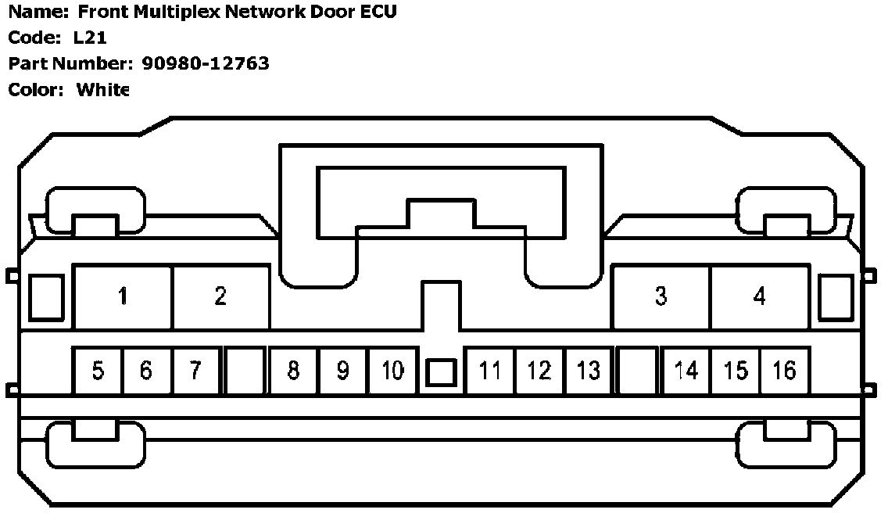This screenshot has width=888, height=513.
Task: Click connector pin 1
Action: [123, 297]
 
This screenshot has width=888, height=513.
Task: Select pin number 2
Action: [221, 297]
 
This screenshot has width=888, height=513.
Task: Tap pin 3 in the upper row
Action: [661, 297]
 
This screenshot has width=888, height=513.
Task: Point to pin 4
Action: [759, 297]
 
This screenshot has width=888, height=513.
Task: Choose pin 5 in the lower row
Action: [98, 370]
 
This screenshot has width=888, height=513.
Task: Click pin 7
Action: [195, 370]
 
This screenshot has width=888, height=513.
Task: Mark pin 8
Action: [293, 370]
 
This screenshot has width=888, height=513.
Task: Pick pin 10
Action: [392, 370]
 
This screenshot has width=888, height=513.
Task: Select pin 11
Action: [490, 370]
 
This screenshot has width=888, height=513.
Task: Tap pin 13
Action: [589, 370]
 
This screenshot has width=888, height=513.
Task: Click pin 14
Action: [686, 370]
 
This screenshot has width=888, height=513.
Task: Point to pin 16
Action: [784, 370]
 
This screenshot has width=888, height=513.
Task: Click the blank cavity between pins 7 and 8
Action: [245, 370]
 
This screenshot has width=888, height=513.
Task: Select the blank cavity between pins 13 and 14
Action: [637, 370]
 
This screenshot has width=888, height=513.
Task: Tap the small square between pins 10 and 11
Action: [441, 373]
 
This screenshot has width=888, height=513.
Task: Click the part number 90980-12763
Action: [206, 63]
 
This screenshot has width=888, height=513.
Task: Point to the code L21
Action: [90, 38]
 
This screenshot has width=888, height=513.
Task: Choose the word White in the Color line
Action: [102, 89]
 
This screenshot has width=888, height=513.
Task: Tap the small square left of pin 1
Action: [45, 297]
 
